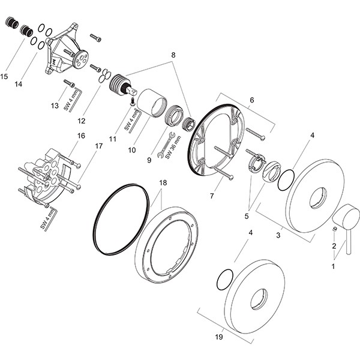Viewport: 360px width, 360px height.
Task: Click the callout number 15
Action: [x=4, y=76]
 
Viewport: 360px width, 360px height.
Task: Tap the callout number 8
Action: [x=173, y=55]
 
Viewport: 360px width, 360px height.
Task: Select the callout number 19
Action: [x=219, y=337]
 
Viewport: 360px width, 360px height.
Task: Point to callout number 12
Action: [x=82, y=121]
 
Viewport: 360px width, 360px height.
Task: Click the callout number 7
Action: [x=212, y=196]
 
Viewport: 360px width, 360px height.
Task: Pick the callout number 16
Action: [x=81, y=136]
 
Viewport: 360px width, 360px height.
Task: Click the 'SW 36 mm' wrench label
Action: [x=173, y=147]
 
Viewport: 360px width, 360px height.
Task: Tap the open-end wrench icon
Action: [x=166, y=145]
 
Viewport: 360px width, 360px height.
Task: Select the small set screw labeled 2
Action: [x=335, y=229]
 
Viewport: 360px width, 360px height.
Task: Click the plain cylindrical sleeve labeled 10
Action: [x=152, y=103]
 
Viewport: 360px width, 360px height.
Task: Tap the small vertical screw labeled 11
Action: [x=133, y=101]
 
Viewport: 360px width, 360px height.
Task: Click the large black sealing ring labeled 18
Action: [x=121, y=219]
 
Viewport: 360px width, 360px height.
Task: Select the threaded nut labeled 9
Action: [x=174, y=116]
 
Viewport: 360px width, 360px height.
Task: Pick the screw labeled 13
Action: [x=69, y=83]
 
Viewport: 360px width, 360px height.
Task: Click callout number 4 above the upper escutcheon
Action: [x=312, y=135]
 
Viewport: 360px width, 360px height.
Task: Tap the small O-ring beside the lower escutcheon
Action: [x=225, y=280]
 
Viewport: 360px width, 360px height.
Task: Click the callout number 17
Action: [x=99, y=146]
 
